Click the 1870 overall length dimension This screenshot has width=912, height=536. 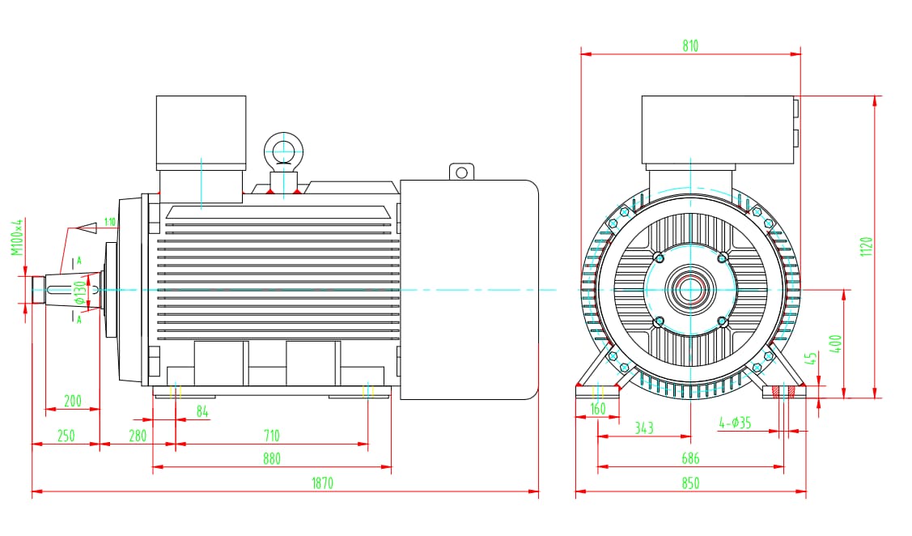[322, 483]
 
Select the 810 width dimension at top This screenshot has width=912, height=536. [689, 46]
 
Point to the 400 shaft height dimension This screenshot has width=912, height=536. [837, 342]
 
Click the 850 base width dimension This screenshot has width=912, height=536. [689, 483]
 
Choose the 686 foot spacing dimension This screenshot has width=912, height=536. [689, 458]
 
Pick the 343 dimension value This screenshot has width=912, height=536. [644, 428]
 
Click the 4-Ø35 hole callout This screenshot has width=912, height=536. [735, 422]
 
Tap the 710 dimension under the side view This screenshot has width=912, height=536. [272, 436]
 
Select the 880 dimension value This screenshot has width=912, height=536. [272, 458]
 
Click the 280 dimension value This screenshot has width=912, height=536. [138, 436]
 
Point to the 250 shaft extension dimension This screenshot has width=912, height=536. [66, 436]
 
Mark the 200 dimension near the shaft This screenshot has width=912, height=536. [73, 401]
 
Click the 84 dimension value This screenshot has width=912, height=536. [202, 412]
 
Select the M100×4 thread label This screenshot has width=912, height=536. [16, 237]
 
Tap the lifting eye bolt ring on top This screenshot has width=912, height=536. [282, 151]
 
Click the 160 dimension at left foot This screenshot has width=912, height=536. [598, 409]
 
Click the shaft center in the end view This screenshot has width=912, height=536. [690, 289]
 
